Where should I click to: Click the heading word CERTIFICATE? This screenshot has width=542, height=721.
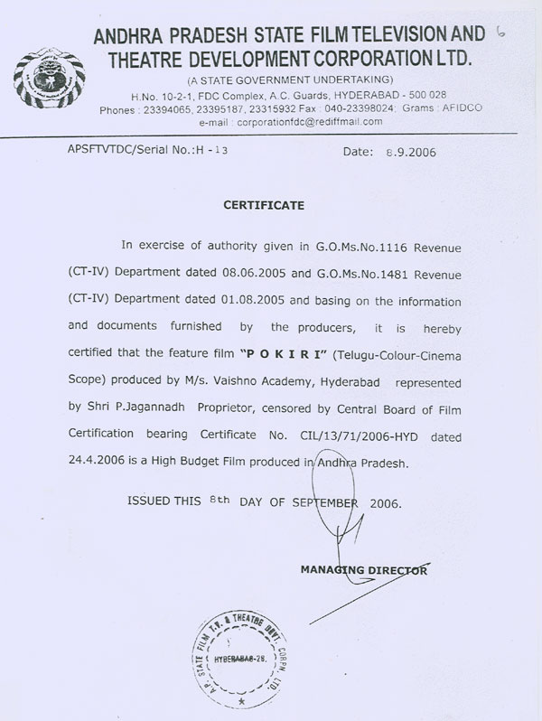[x=264, y=205]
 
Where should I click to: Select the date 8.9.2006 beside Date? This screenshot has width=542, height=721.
[x=409, y=152]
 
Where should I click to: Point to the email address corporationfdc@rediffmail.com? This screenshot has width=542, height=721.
[x=309, y=121]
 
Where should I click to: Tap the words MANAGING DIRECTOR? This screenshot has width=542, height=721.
[x=364, y=570]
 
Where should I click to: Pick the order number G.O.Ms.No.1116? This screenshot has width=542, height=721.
[x=360, y=245]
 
